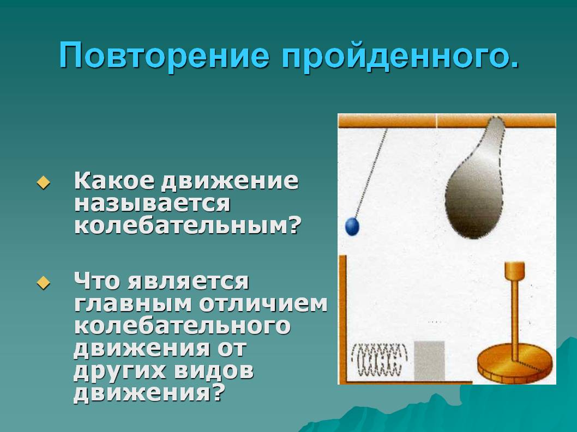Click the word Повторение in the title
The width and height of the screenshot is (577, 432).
164,56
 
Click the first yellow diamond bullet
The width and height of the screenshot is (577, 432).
44,182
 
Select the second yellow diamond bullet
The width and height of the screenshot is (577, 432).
44,282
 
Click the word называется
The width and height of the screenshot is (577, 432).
152,204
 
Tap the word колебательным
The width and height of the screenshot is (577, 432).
187,225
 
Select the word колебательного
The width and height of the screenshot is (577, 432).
182,326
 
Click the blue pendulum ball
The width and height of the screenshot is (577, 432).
352,226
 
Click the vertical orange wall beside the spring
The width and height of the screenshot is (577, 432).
342,319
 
